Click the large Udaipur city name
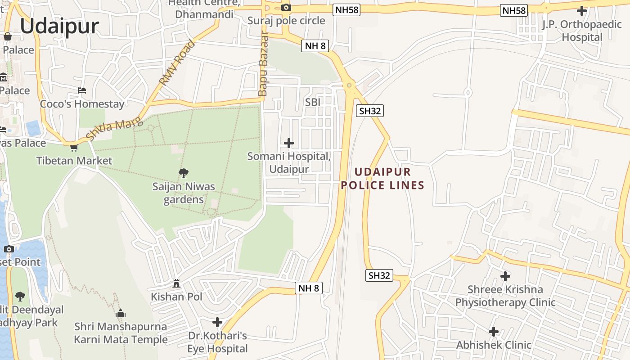(59, 26)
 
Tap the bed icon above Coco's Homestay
(81, 90)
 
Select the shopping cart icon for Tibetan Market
(74, 148)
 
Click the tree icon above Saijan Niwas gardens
(183, 173)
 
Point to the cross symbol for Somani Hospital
(289, 143)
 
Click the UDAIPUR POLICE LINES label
(382, 178)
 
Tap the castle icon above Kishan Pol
(176, 283)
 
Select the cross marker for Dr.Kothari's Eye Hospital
(217, 322)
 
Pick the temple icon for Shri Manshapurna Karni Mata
(120, 313)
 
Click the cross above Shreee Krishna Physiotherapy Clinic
(505, 276)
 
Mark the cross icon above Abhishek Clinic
(494, 332)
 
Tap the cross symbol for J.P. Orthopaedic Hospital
(581, 11)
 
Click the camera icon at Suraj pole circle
(286, 7)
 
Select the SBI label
(313, 102)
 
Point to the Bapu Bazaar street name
(263, 64)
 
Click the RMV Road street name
(177, 63)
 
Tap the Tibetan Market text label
(74, 161)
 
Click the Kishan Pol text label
(176, 297)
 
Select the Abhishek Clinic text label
(494, 345)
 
